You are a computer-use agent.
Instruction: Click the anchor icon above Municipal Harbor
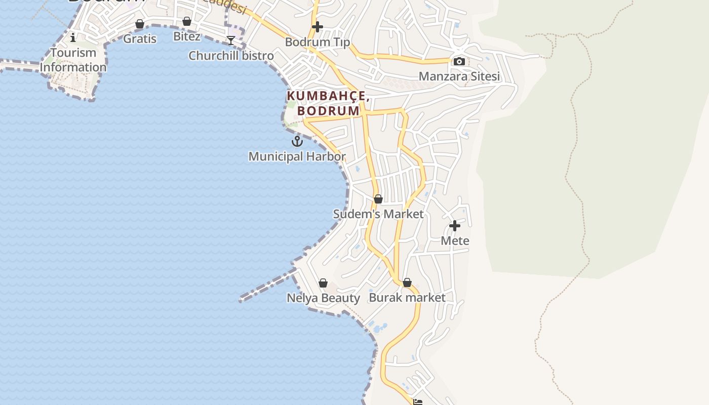tap(297, 141)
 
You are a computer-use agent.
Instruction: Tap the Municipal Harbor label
tap(297, 157)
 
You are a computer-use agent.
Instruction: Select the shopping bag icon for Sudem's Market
tap(378, 199)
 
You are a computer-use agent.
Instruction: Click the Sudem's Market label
tap(378, 214)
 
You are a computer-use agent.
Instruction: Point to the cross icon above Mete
tap(455, 225)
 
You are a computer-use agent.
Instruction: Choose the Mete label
tap(455, 240)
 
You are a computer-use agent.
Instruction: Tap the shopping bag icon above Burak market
tap(407, 282)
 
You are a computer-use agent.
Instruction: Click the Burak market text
tap(407, 298)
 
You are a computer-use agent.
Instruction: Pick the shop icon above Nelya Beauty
tap(323, 283)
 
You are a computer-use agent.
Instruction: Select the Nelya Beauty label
tap(323, 298)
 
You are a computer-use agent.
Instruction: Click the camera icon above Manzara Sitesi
tap(459, 62)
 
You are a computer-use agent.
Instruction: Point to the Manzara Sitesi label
tap(459, 76)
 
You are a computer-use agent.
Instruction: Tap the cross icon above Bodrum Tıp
tap(318, 26)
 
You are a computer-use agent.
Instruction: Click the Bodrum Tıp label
tap(318, 42)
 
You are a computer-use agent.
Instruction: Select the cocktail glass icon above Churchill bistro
tap(231, 40)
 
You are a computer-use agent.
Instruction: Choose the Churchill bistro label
tap(231, 56)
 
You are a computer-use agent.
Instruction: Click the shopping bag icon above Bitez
tap(187, 21)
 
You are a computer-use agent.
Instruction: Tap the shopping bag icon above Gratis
tap(140, 24)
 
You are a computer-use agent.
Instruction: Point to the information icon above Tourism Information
tap(73, 37)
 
